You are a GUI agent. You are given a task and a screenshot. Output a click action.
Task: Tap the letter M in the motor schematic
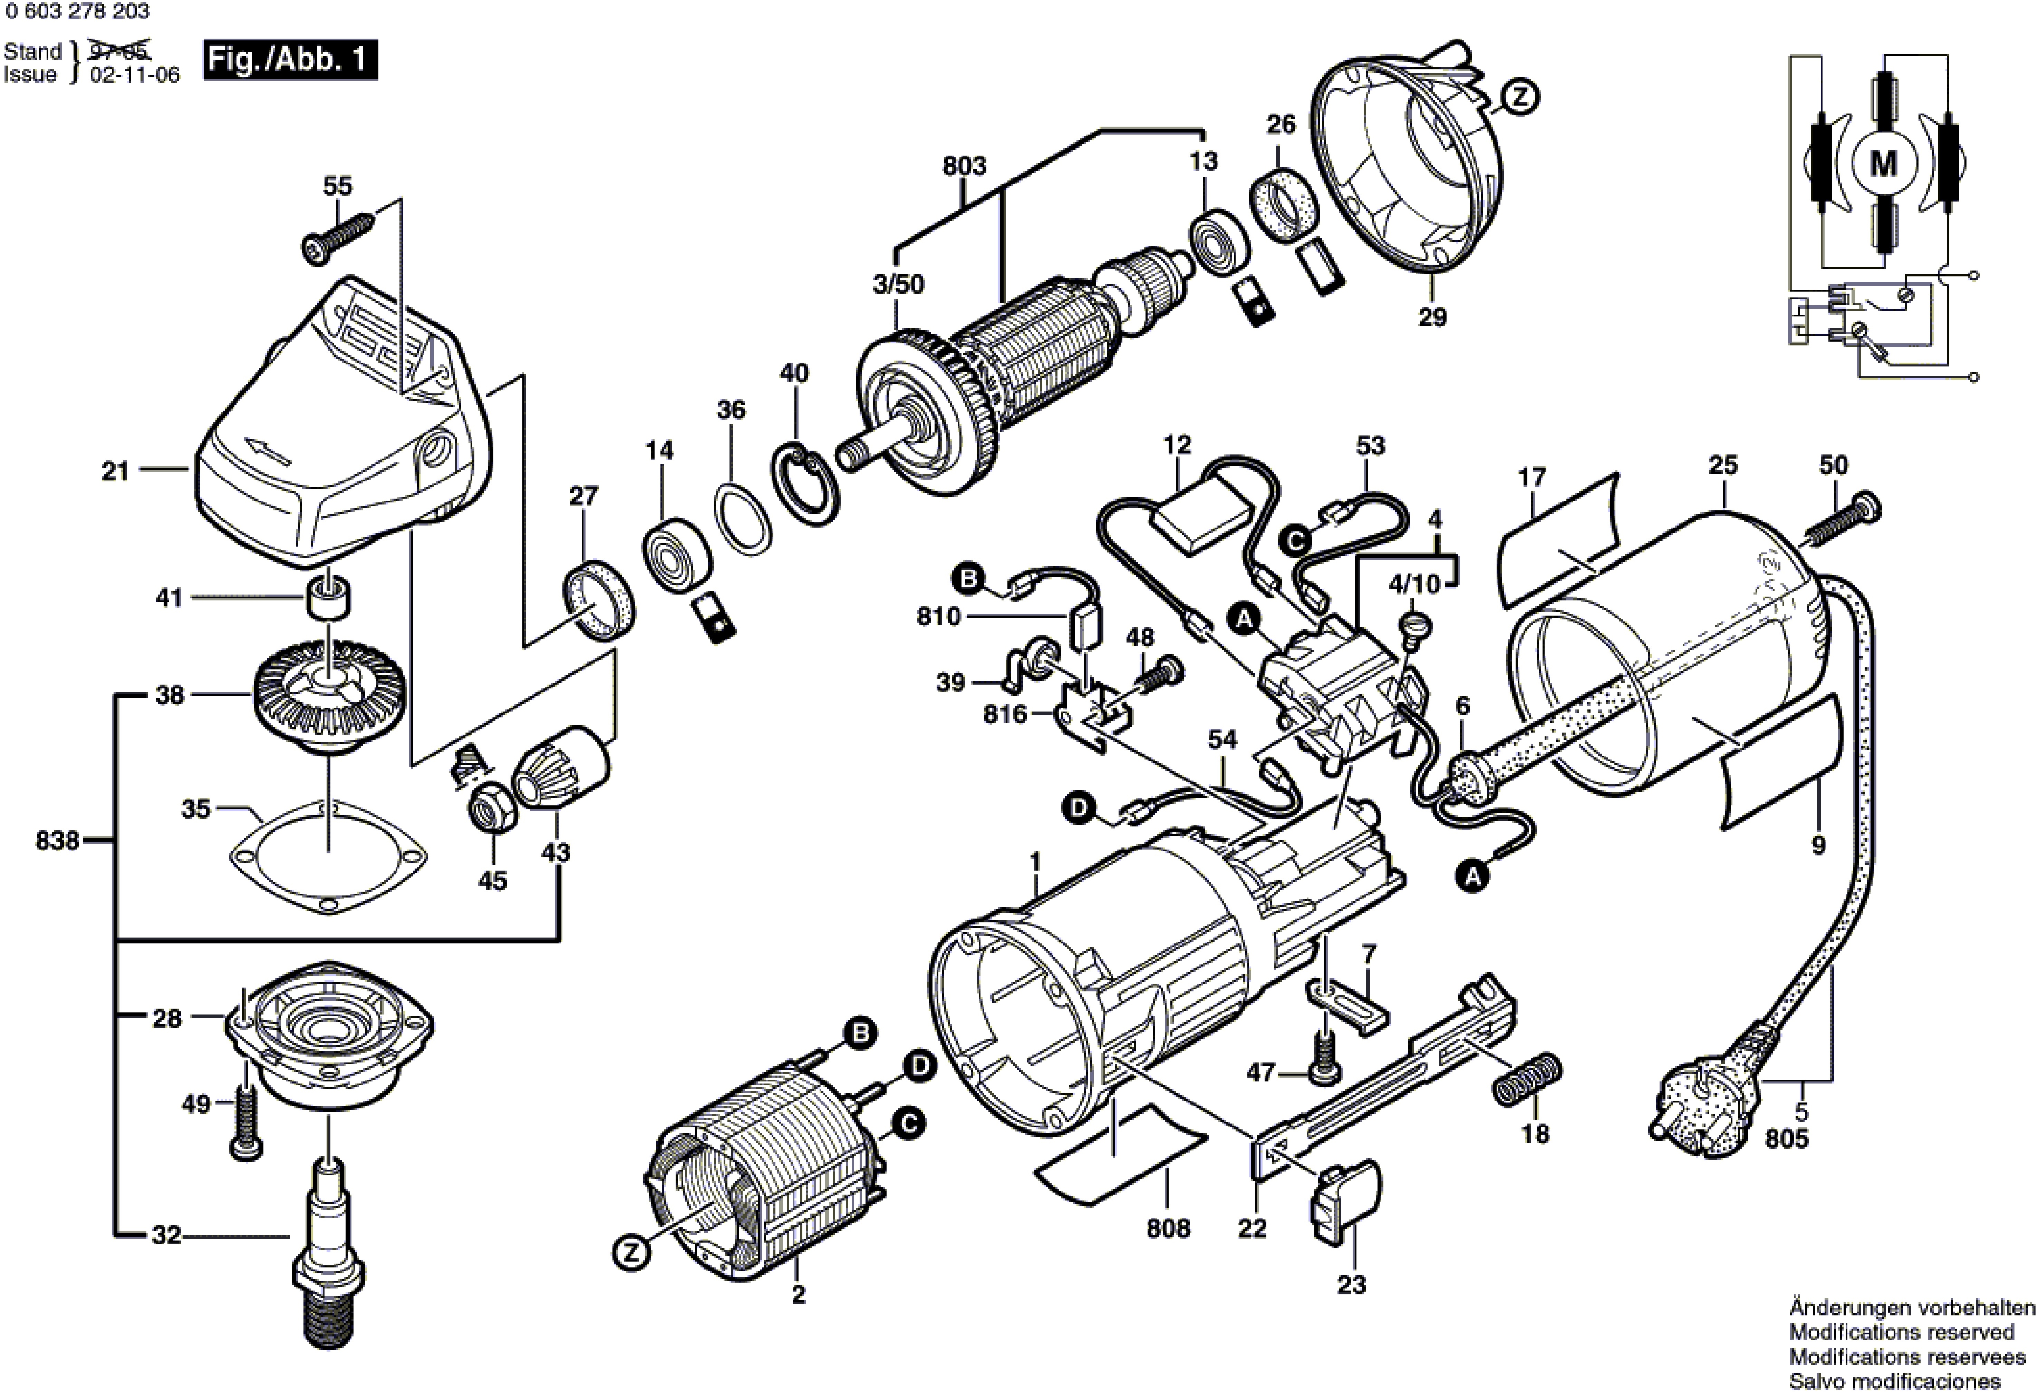(x=1884, y=163)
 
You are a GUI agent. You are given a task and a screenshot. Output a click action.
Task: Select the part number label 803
(x=964, y=166)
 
